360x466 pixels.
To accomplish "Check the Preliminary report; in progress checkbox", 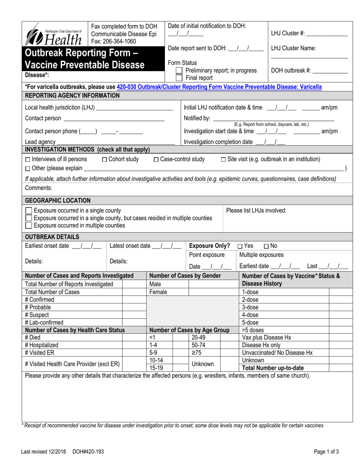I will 179,70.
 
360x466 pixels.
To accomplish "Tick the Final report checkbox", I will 179,78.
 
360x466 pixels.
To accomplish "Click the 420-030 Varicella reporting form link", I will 219,87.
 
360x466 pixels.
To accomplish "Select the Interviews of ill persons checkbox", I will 27,159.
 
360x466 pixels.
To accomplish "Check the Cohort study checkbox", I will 105,159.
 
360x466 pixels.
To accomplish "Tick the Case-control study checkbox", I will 156,159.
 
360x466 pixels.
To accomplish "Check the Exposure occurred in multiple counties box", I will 28,226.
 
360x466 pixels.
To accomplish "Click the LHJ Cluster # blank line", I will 327,34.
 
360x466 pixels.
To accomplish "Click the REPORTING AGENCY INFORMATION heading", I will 72,95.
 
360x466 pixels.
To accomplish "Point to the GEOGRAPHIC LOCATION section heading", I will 58,200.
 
